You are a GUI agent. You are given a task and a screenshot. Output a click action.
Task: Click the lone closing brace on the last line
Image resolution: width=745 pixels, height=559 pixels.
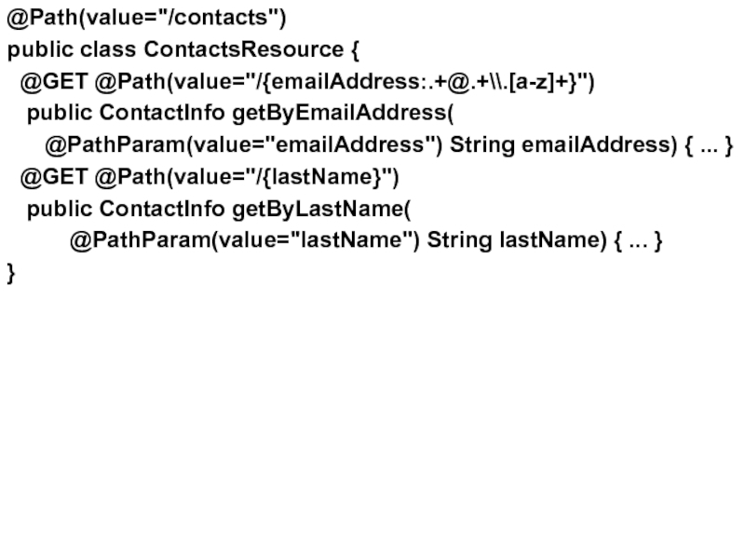(x=11, y=272)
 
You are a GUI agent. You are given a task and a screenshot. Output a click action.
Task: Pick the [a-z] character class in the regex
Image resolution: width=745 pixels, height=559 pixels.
(x=510, y=82)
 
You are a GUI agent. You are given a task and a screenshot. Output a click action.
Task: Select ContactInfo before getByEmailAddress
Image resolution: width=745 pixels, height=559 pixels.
(x=161, y=114)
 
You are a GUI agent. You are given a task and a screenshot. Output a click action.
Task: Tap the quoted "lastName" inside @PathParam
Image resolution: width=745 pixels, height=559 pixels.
(x=354, y=240)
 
